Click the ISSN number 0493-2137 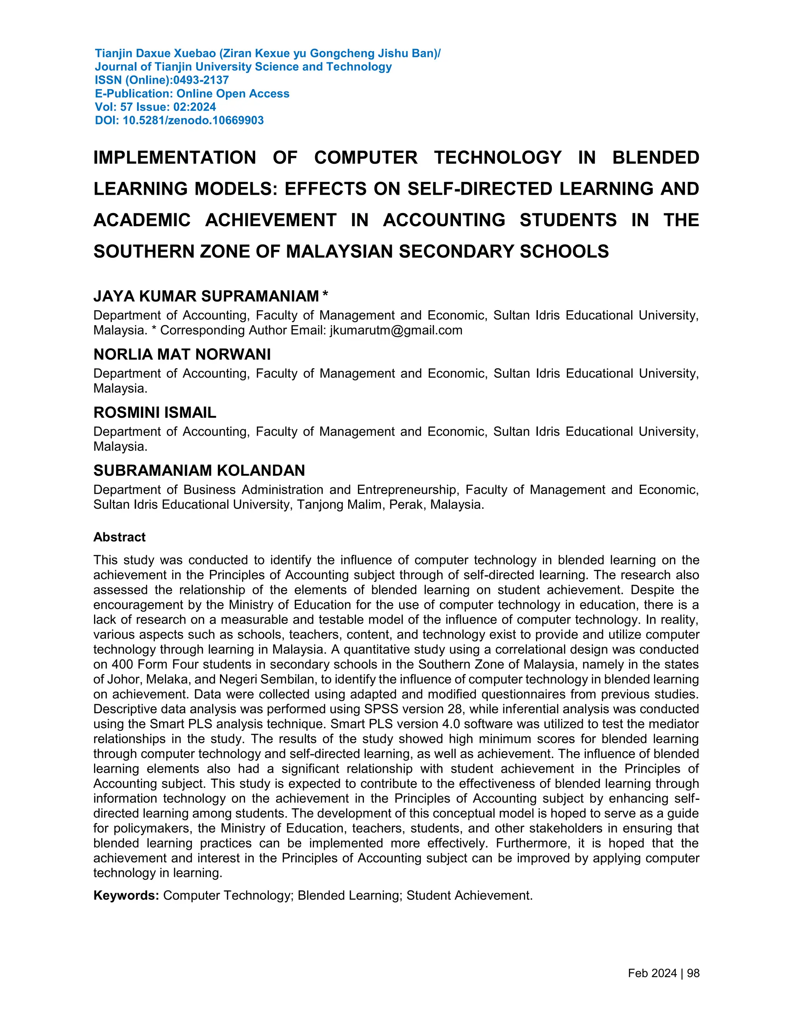tap(201, 80)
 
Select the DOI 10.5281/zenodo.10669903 tap(193, 121)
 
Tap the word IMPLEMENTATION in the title tap(174, 158)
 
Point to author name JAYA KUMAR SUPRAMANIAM tap(206, 297)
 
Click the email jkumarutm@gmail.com tap(396, 330)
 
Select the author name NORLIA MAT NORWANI tap(182, 355)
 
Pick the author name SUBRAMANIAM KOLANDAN tap(199, 471)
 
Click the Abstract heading tap(119, 537)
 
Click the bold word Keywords tap(126, 896)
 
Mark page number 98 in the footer tap(693, 973)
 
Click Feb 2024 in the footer tap(652, 973)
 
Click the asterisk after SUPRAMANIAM tap(325, 295)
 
